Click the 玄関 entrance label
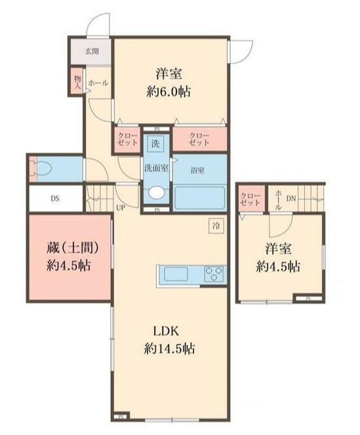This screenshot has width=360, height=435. (x=92, y=50)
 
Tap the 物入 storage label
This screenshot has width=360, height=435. (x=77, y=81)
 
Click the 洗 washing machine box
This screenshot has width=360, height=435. (x=156, y=142)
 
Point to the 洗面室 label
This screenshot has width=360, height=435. (x=156, y=168)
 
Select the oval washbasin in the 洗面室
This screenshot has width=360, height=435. (x=156, y=193)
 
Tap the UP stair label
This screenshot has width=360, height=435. (x=121, y=208)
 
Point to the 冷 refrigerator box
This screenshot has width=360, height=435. (x=215, y=225)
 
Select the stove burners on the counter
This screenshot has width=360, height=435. (x=214, y=274)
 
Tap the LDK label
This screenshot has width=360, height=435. (x=167, y=330)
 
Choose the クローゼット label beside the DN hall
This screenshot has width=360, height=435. (x=250, y=199)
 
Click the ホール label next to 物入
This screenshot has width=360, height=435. (x=98, y=83)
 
